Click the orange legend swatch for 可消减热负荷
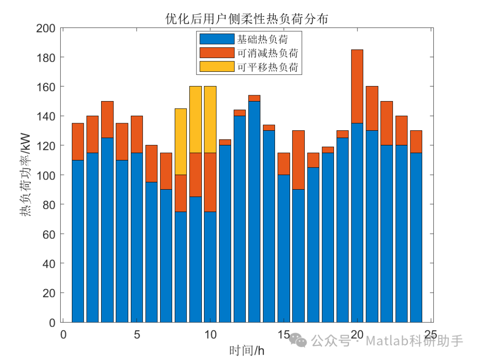tap(216, 53)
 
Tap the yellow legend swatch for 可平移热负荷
tap(216, 67)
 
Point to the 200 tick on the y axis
tap(46, 28)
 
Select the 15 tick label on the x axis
tap(283, 334)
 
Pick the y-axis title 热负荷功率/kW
tap(24, 175)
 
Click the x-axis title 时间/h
tap(247, 351)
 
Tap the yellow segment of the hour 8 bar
tap(181, 141)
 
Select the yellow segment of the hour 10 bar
tap(210, 120)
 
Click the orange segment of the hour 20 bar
tap(357, 86)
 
